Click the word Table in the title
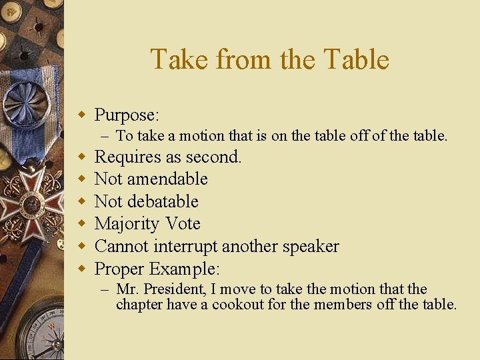(357, 59)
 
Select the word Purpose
(127, 115)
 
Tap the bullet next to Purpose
(83, 115)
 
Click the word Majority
(127, 224)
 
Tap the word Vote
(183, 224)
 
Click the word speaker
(310, 247)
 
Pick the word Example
(185, 269)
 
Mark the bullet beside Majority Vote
(83, 223)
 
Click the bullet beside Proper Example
(83, 269)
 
